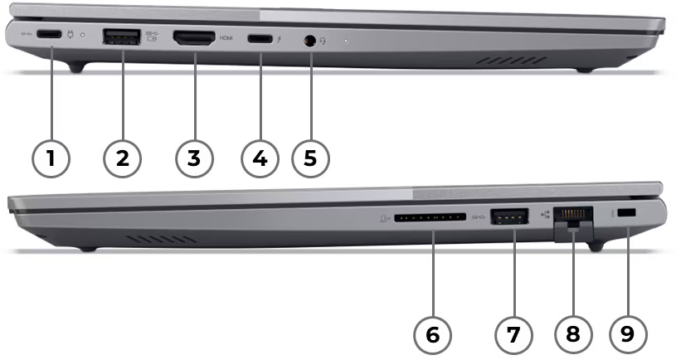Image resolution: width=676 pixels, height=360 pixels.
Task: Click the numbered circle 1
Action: pos(51,157)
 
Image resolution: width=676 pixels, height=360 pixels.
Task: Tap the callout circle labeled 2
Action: pos(122,157)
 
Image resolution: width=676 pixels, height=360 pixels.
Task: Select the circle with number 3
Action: pos(193,157)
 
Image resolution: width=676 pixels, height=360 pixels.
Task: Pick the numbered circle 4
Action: pos(260,157)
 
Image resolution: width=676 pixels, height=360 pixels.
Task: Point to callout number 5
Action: pos(310,157)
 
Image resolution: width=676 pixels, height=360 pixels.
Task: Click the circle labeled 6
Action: pos(432,334)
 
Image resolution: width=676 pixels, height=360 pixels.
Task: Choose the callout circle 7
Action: pos(513,334)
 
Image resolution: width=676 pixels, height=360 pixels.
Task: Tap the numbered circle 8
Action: pos(571,334)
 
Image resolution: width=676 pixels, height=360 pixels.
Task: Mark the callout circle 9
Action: pos(627,334)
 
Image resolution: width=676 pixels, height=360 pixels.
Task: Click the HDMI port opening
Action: pos(193,37)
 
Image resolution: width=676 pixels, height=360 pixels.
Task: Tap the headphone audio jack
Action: pos(311,39)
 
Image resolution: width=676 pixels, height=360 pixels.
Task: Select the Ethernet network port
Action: pos(573,217)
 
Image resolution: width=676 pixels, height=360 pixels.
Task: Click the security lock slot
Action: pos(628,215)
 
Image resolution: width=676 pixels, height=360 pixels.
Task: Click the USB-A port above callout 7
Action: pos(509,217)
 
